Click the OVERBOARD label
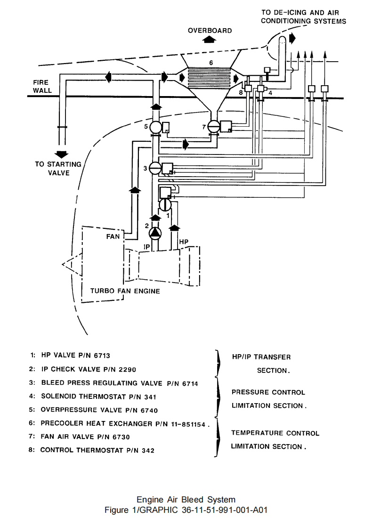(210, 31)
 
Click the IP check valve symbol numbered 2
(154, 233)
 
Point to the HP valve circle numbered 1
(165, 205)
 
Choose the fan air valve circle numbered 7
(214, 127)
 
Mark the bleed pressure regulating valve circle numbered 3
(154, 169)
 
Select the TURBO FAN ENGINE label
(125, 291)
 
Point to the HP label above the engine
(184, 242)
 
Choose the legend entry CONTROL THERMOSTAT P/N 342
(97, 450)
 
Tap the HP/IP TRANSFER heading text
(261, 357)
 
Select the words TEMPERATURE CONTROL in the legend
(275, 433)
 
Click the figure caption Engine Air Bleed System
(186, 499)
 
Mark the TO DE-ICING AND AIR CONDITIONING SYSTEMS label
(304, 17)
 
